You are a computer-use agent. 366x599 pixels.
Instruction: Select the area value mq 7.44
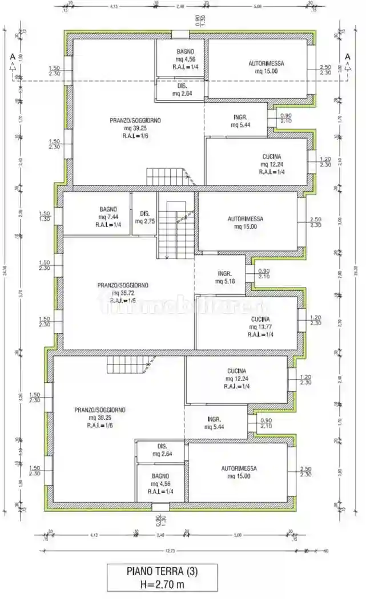point(108,217)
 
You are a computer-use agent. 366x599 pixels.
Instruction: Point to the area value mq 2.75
point(145,221)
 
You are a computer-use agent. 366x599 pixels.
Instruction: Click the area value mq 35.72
point(123,293)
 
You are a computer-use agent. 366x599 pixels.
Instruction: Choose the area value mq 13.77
point(259,327)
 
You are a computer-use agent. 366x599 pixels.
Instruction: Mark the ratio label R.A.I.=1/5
point(123,300)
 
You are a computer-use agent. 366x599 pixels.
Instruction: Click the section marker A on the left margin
point(11,56)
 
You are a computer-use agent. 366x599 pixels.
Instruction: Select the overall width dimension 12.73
point(170,551)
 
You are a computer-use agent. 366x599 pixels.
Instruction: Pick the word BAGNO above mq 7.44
point(108,209)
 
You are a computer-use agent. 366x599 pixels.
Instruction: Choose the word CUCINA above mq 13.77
point(259,319)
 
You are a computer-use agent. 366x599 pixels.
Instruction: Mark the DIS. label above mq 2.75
point(145,213)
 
